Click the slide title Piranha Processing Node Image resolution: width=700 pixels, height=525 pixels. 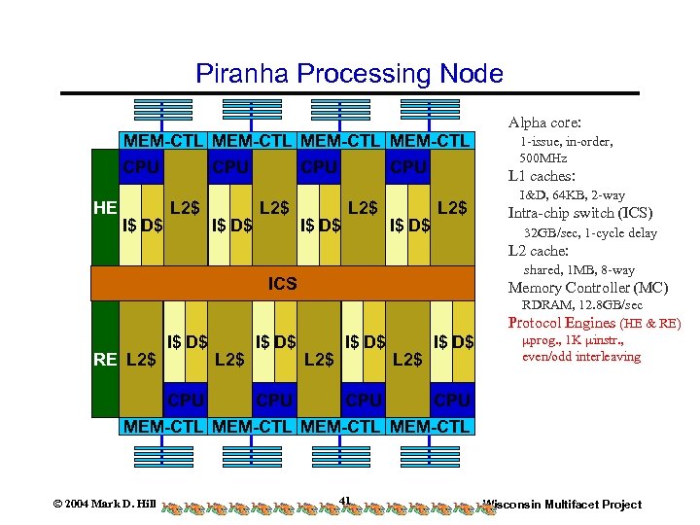(349, 74)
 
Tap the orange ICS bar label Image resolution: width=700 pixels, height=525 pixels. (283, 284)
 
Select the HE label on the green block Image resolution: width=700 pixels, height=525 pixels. (105, 207)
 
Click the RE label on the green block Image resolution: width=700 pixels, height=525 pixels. (105, 359)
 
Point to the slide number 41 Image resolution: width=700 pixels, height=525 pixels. (345, 502)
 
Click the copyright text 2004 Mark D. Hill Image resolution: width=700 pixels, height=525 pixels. (104, 504)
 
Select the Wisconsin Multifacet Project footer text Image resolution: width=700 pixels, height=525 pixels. (563, 504)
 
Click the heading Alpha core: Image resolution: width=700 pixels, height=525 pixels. (544, 123)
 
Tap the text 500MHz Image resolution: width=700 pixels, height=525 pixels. (543, 157)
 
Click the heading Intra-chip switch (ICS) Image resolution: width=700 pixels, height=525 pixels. (580, 213)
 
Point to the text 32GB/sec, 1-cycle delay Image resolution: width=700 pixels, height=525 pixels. (590, 233)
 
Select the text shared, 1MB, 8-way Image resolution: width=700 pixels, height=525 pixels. (578, 269)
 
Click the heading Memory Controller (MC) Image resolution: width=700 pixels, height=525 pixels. (588, 288)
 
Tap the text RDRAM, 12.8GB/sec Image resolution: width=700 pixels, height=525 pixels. (582, 305)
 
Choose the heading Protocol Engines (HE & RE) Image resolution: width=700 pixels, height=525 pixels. (594, 323)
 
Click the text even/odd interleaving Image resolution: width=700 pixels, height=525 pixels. (581, 357)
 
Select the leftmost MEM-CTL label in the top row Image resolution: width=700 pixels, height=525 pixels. (162, 142)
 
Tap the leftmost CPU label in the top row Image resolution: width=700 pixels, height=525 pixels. (141, 167)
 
